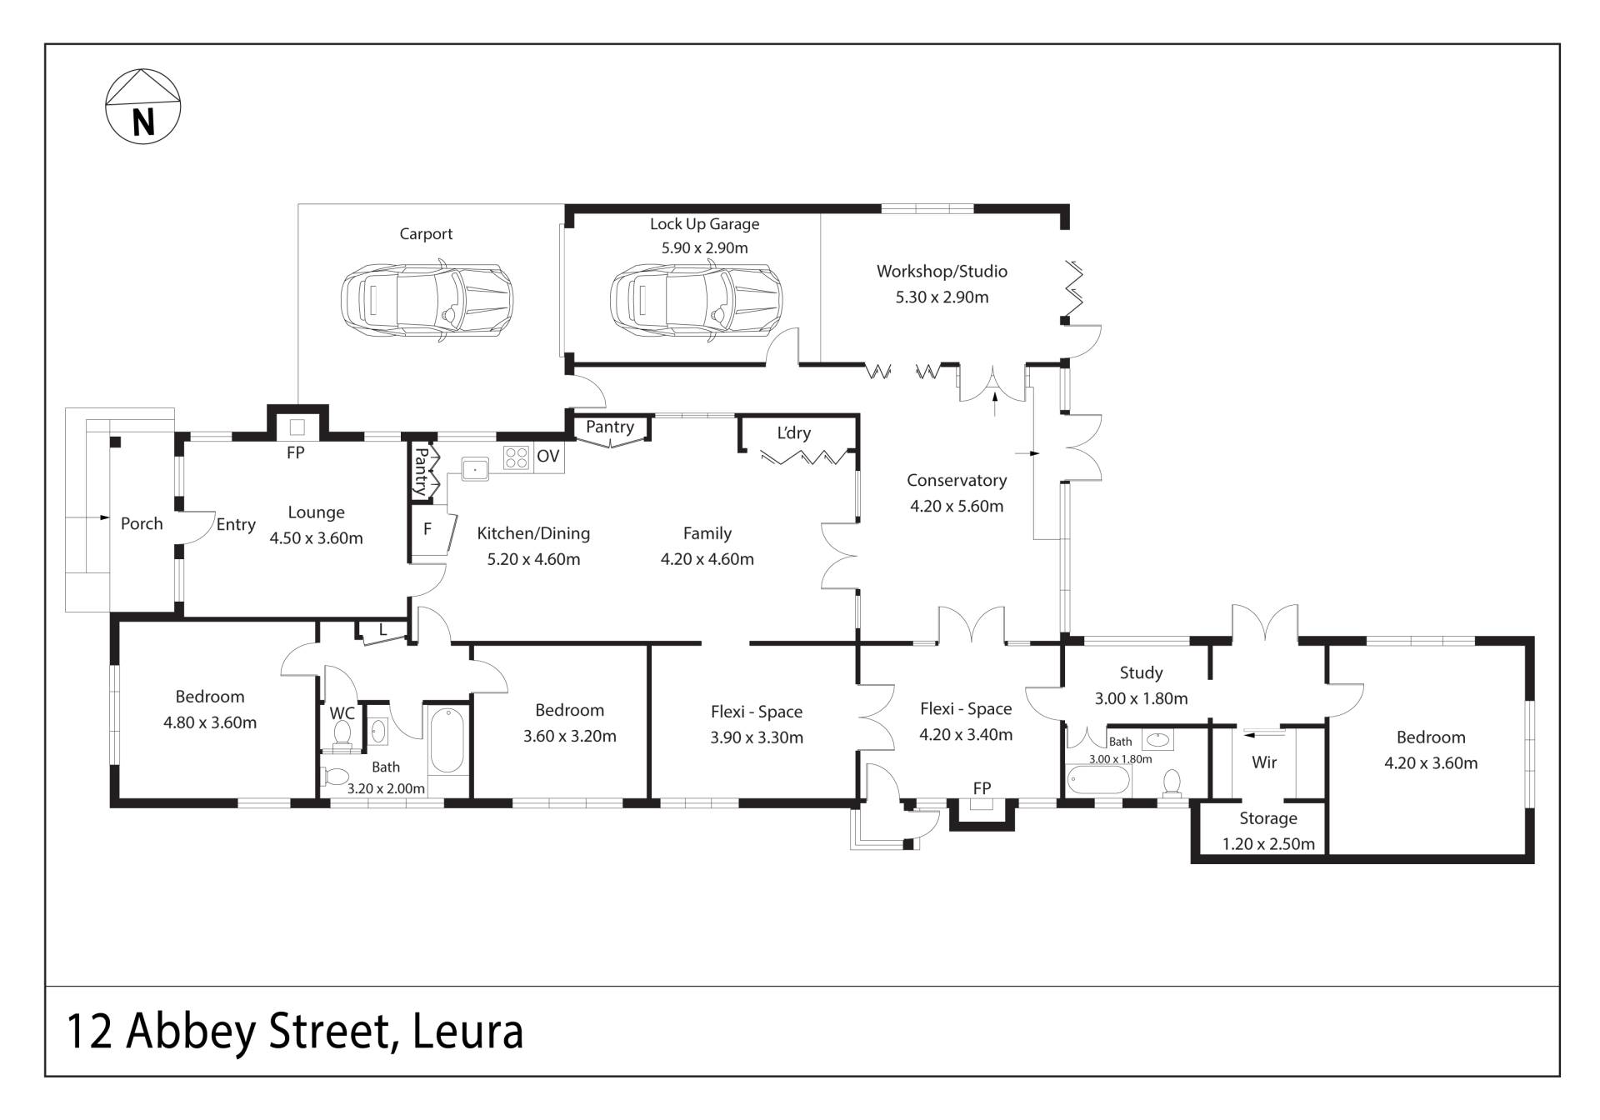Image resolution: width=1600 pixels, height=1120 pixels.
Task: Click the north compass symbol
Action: click(143, 106)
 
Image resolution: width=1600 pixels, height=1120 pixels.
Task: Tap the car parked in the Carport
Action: click(427, 300)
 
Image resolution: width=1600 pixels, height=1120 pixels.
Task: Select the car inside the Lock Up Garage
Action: click(697, 300)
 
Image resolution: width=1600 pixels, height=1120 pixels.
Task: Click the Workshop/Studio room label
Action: click(942, 271)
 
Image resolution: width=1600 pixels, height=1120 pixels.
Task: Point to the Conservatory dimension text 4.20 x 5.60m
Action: click(957, 506)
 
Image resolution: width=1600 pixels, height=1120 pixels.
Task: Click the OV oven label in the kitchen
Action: click(547, 456)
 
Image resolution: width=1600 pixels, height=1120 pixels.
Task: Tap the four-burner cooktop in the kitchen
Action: click(516, 457)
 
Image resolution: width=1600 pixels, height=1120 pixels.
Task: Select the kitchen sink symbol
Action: click(475, 469)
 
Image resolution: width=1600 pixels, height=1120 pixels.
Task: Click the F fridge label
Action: click(427, 528)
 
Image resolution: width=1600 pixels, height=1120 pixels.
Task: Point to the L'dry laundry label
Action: click(793, 432)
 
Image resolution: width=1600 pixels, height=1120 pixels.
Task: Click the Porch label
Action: click(142, 523)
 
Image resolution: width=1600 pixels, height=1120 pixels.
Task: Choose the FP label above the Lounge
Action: click(295, 452)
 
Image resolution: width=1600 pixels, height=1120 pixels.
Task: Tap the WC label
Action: click(342, 713)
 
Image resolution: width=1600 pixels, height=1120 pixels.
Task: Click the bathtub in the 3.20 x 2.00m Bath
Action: click(447, 741)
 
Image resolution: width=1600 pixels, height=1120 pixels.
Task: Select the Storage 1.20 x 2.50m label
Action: click(1268, 831)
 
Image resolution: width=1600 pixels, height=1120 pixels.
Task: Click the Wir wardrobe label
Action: click(1264, 762)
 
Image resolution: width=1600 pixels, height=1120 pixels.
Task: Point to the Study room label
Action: click(1141, 672)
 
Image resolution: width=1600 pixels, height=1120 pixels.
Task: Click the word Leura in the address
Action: click(468, 1031)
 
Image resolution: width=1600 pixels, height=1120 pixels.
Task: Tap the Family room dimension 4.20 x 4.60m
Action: click(707, 559)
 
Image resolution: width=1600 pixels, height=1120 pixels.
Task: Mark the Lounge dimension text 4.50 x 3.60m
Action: click(316, 538)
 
